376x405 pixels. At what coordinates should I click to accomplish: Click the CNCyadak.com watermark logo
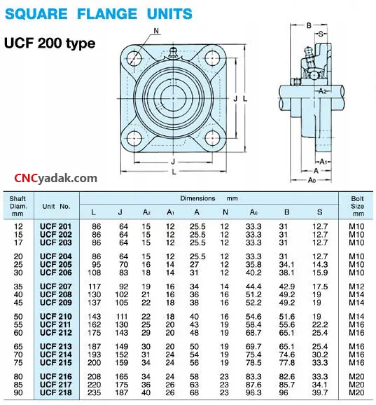pyautogui.click(x=55, y=179)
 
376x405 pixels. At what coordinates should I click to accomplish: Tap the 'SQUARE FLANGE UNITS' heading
pyautogui.click(x=99, y=14)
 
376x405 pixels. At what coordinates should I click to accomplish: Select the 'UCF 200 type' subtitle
pyautogui.click(x=50, y=43)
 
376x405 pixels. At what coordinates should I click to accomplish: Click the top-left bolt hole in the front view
pyautogui.click(x=134, y=58)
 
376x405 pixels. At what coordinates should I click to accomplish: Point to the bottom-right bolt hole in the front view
pyautogui.click(x=212, y=138)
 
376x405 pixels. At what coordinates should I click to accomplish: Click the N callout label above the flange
pyautogui.click(x=156, y=31)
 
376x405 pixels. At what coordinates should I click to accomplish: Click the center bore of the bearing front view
pyautogui.click(x=173, y=98)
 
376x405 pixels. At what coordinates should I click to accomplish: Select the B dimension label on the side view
pyautogui.click(x=309, y=25)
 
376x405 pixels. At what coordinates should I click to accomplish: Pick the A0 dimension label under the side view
pyautogui.click(x=312, y=180)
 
